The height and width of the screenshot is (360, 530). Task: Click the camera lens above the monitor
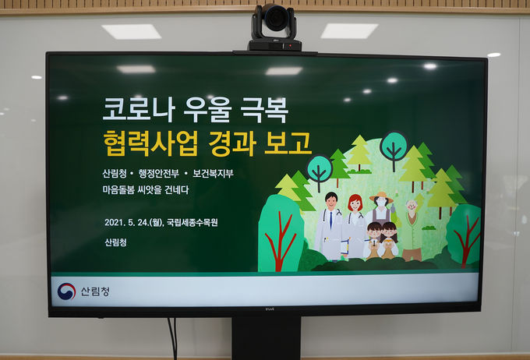(275, 17)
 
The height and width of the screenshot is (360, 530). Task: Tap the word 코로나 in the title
(139, 110)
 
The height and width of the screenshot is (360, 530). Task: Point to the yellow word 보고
(288, 143)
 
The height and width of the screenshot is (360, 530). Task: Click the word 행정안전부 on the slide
(158, 174)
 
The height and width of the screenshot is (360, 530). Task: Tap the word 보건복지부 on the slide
(213, 174)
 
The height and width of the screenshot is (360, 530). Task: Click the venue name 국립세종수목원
(193, 222)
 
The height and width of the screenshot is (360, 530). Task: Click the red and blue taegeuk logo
(66, 291)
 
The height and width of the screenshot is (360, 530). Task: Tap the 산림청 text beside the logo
(95, 291)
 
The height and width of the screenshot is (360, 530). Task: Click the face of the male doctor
(330, 202)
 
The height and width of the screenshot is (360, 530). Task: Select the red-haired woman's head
(355, 203)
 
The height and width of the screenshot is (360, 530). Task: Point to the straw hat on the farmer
(382, 197)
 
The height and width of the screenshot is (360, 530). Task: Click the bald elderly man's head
(412, 205)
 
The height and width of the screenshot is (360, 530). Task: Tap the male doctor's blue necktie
(331, 220)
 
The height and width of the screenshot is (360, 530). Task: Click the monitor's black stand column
(266, 338)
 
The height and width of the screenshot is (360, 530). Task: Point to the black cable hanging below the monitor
(173, 338)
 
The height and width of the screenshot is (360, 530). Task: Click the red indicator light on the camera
(290, 45)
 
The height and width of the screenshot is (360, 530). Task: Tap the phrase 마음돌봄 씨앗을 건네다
(146, 189)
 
